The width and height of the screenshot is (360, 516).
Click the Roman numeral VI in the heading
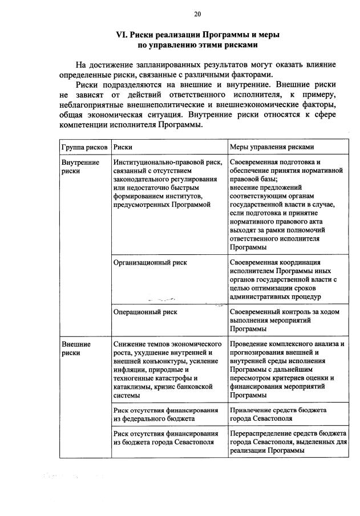pos(121,35)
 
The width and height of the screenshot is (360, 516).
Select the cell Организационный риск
pos(150,263)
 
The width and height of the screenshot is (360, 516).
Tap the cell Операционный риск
pos(145,312)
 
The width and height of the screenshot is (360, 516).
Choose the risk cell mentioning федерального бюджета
pos(165,414)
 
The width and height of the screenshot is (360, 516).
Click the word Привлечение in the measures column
pos(250,410)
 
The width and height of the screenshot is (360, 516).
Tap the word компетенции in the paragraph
pos(87,125)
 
